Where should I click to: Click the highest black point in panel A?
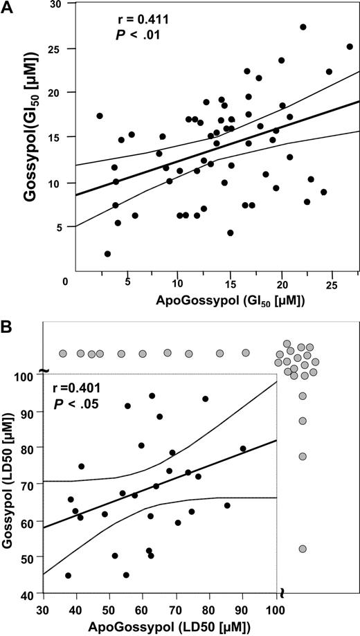(x=303, y=27)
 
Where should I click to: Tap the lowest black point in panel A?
(x=107, y=254)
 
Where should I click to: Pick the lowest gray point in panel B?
(x=303, y=549)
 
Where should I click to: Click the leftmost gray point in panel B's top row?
(x=63, y=353)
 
